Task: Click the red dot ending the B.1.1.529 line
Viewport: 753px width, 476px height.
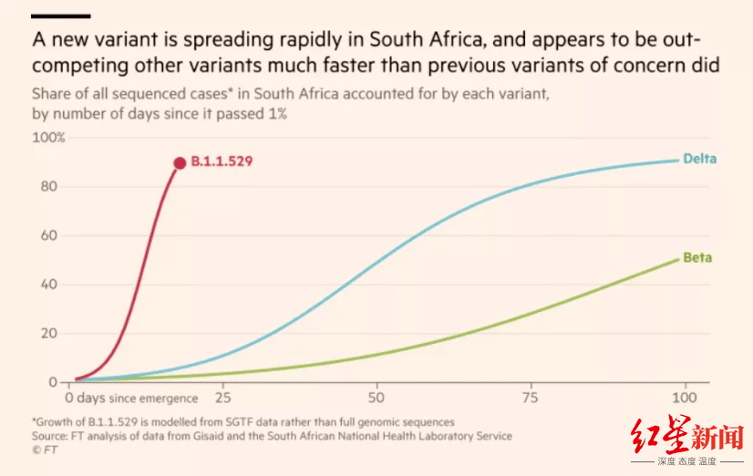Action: [180, 162]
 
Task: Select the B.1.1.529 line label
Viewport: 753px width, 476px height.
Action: [222, 161]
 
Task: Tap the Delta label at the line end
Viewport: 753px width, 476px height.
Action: [699, 159]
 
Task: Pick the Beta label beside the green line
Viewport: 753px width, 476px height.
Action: [697, 258]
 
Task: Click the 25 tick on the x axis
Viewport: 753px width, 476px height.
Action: [222, 398]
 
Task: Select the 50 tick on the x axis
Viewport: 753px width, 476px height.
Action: [376, 398]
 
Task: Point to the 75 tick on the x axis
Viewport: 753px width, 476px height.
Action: [531, 398]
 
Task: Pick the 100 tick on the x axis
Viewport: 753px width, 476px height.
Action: [684, 398]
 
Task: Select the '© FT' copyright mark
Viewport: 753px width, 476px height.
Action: [43, 450]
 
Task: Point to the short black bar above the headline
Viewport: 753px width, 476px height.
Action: [61, 16]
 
